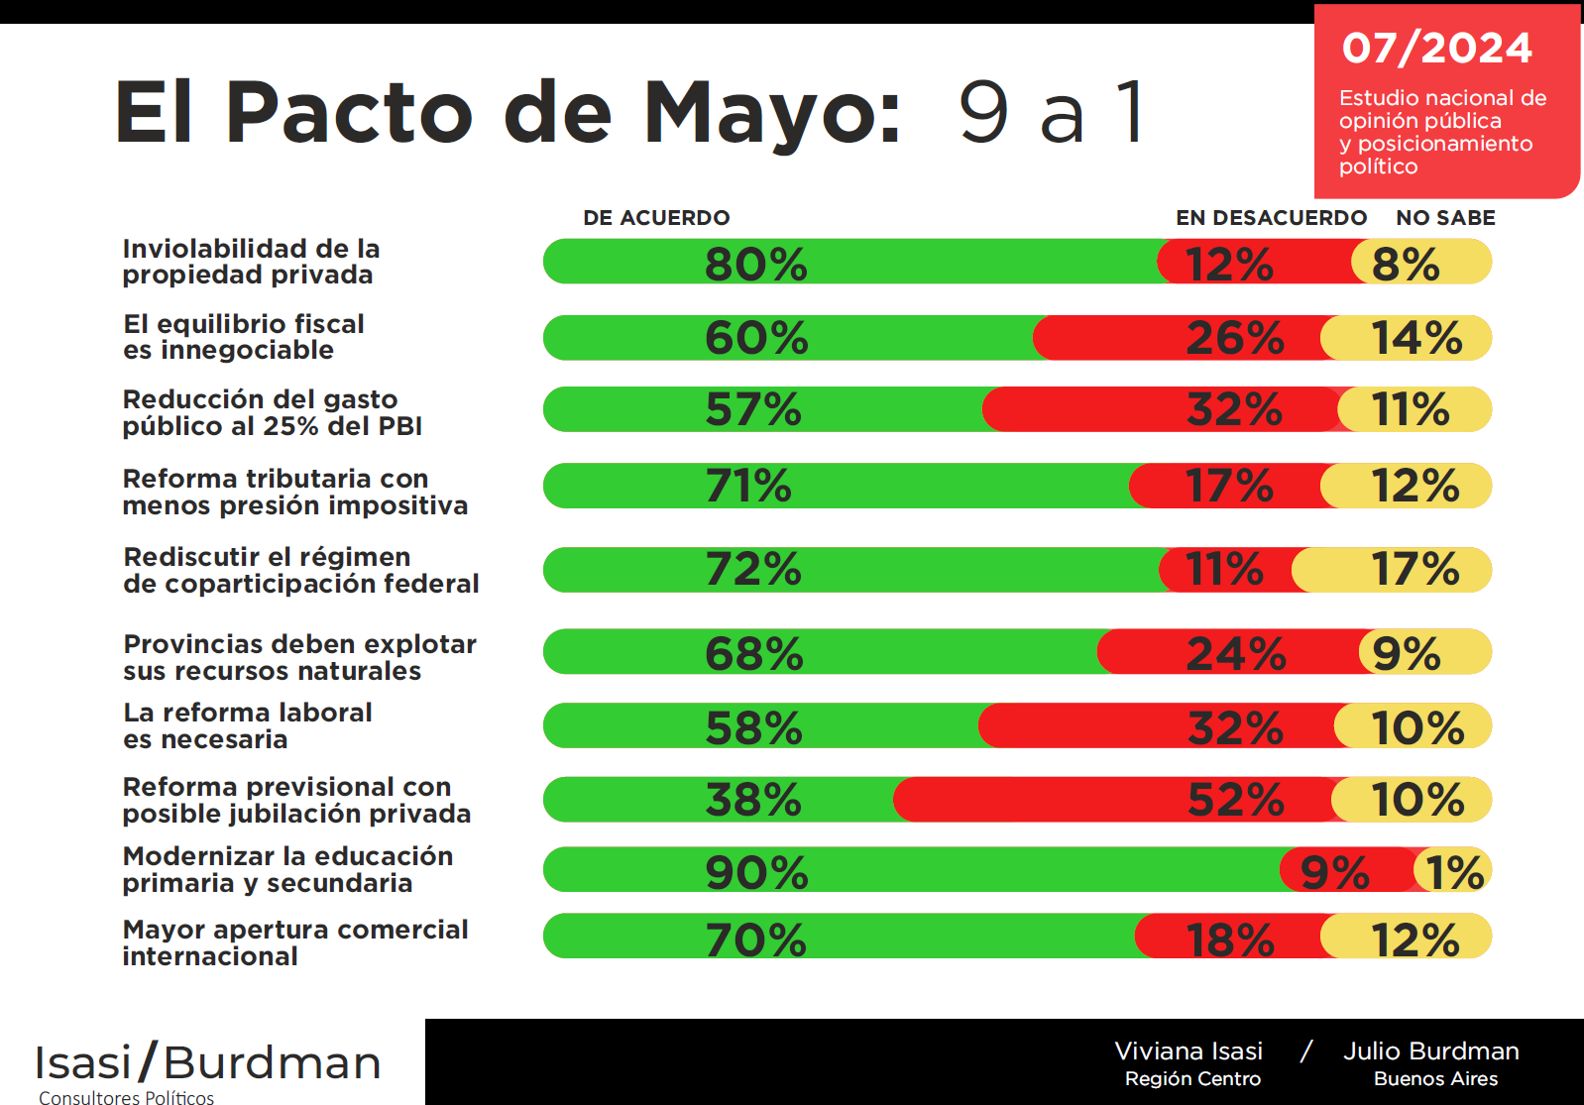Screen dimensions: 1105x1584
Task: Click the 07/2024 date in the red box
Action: [1436, 49]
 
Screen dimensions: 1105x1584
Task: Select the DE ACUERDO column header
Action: [656, 218]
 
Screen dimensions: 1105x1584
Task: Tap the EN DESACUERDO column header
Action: [1271, 218]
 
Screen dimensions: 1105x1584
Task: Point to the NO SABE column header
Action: [1445, 218]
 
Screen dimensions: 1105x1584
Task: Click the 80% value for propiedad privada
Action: [755, 264]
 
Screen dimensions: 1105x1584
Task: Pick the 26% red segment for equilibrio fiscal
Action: [1234, 338]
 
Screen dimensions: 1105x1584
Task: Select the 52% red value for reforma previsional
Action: [1235, 800]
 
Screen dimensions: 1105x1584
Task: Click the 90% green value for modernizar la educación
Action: [756, 872]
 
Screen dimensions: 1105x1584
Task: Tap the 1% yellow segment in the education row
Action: [1454, 872]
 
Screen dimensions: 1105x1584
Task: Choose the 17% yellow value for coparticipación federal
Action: [1414, 570]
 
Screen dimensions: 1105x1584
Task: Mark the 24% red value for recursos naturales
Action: [1235, 653]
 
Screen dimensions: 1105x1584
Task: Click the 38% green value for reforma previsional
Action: [753, 800]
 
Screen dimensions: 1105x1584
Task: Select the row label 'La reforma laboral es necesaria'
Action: [248, 726]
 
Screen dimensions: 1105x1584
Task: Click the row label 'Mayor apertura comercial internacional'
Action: [294, 942]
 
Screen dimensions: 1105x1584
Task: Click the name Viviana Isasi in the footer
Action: [1188, 1051]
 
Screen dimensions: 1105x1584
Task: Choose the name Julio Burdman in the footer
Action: [1430, 1051]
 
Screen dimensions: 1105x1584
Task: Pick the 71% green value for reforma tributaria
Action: [748, 486]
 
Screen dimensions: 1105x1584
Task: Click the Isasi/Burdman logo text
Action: [208, 1063]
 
